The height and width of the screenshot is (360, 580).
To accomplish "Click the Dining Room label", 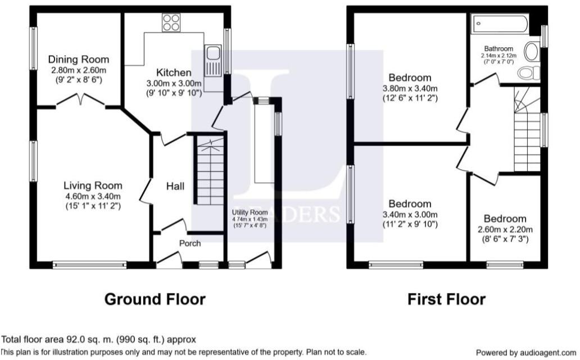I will coord(78,60).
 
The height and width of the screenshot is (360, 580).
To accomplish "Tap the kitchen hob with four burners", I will coord(171,22).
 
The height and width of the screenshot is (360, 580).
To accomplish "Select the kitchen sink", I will coord(213,55).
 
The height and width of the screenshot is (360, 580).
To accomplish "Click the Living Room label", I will coord(92,186).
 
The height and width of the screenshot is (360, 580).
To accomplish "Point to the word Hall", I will coord(175,186).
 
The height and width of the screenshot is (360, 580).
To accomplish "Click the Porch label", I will coord(190,244).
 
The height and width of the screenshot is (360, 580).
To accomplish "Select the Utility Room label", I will coord(250,212).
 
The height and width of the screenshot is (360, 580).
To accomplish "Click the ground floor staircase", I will coord(210,172).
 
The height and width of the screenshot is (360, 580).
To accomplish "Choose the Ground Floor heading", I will coord(155,299).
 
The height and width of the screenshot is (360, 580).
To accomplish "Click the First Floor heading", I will coord(446,299).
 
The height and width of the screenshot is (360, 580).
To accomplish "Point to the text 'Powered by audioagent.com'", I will coord(527,353).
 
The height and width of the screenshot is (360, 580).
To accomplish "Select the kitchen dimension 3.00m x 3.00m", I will coord(173,83).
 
